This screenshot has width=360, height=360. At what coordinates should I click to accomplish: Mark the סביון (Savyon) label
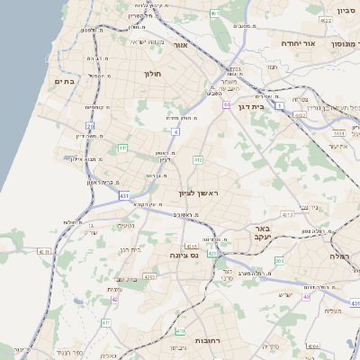pos(346,11)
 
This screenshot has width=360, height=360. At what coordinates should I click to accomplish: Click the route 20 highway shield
pos(90,126)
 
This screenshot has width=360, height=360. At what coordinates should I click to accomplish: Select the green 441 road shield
pos(121,147)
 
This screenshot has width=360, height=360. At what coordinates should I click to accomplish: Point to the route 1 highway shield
pos(280,106)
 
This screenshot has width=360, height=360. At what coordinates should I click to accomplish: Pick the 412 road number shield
pos(197,160)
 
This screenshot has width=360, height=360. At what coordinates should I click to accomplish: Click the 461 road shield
pos(214,14)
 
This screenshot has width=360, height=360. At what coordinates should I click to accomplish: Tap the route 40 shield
pos(306,296)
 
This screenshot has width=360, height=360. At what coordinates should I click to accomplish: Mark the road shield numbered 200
pos(280,262)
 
